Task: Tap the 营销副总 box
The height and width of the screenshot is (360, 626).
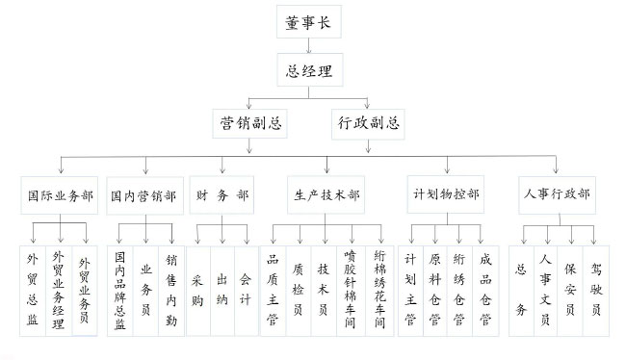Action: pos(252,123)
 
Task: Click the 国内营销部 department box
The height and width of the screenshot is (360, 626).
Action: pos(142,195)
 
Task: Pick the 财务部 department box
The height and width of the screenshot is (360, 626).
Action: pos(221,195)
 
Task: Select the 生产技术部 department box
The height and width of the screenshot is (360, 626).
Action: pos(326,195)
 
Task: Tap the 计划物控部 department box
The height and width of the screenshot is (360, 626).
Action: pos(446,195)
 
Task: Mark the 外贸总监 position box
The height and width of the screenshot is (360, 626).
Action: pos(33,290)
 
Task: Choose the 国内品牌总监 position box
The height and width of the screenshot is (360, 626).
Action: pos(119,290)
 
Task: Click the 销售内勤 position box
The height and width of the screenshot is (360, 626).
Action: pos(171,290)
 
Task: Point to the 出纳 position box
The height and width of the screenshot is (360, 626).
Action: pos(222,290)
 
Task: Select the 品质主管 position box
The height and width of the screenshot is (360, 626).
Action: pos(274,290)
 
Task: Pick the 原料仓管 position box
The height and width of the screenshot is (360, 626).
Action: pos(435,290)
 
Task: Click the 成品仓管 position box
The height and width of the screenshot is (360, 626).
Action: pos(485,290)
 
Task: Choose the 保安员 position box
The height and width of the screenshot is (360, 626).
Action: pos(571,290)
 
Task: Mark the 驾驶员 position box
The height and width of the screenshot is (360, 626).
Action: pos(596,290)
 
